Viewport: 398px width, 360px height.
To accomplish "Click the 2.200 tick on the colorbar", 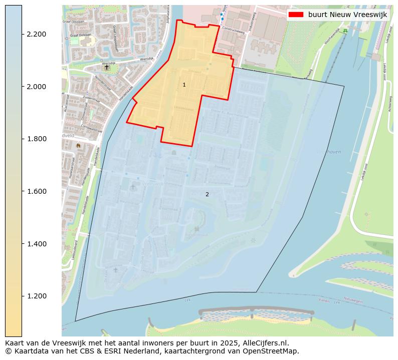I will pos(37,34).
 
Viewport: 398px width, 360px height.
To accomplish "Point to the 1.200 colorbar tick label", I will pos(37,296).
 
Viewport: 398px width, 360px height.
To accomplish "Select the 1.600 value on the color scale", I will pos(37,191).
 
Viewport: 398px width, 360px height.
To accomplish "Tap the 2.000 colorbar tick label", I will pos(37,87).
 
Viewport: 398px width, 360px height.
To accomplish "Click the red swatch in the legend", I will pos(297,15).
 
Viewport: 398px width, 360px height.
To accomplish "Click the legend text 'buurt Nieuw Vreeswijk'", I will pos(347,15).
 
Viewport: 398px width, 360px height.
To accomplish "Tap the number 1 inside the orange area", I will pos(184,85).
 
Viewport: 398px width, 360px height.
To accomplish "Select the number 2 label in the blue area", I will pos(207,194).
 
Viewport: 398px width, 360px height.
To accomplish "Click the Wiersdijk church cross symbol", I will pos(106,67).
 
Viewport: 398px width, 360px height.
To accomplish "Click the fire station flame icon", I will pos(78,145).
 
